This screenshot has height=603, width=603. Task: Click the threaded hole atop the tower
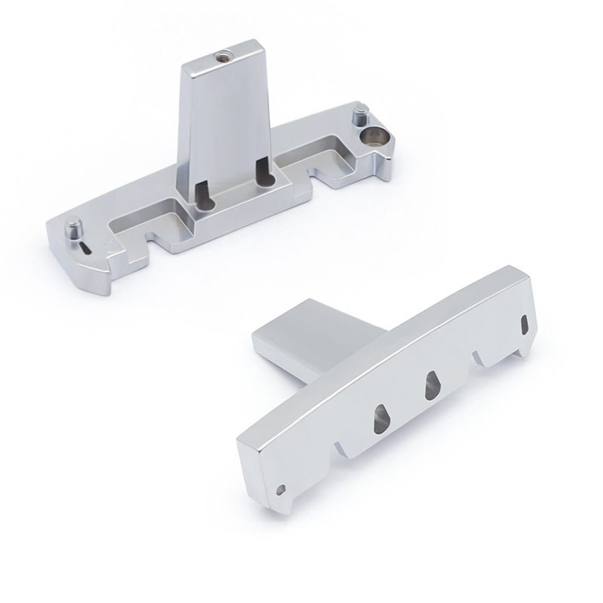coord(223,55)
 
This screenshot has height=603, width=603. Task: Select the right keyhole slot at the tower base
coord(262,172)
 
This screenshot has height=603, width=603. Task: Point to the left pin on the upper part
coord(73,226)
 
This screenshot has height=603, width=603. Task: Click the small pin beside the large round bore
coord(361,117)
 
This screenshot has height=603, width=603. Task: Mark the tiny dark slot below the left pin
coord(85,249)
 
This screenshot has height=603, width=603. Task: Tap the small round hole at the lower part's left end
coord(282,489)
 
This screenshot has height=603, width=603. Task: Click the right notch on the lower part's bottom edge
coord(482,357)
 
